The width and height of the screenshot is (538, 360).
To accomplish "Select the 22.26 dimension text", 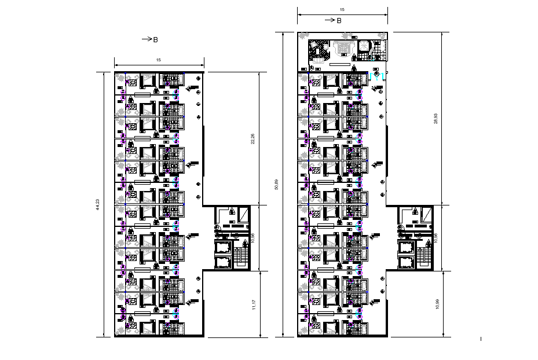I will [252, 139].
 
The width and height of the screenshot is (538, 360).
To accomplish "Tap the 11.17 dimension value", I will [253, 304].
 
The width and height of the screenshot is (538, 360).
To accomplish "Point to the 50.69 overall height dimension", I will [277, 184].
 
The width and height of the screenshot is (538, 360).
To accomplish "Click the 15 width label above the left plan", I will [159, 60].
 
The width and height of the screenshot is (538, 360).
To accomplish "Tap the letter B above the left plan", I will [155, 39].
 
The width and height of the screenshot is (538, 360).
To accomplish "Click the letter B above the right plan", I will [339, 20].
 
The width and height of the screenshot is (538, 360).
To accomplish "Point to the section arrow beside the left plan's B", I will [147, 39].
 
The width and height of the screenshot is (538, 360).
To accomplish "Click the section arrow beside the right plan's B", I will [330, 20].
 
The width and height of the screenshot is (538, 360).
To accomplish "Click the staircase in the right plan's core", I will [424, 255].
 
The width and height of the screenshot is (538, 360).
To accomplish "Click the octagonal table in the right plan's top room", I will [365, 46].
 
